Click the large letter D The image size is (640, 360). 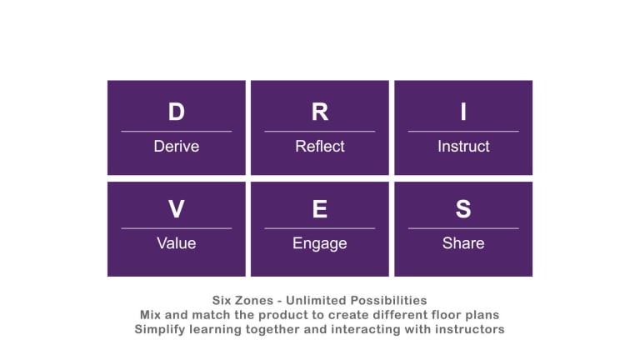point(176,112)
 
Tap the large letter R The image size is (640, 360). point(320,112)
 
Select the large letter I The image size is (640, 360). point(463,112)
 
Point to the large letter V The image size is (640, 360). point(176,210)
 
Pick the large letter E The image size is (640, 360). point(320,210)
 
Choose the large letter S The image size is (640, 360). point(463,210)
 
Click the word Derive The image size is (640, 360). point(176,147)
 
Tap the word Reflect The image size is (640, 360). point(320,147)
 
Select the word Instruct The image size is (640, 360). point(463,147)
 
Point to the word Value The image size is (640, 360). point(176,243)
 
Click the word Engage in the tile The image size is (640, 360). point(320,244)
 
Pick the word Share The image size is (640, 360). point(463,243)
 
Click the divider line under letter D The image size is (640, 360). point(176,131)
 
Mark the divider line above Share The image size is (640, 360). point(463,227)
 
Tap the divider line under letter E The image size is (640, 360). point(320,227)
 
